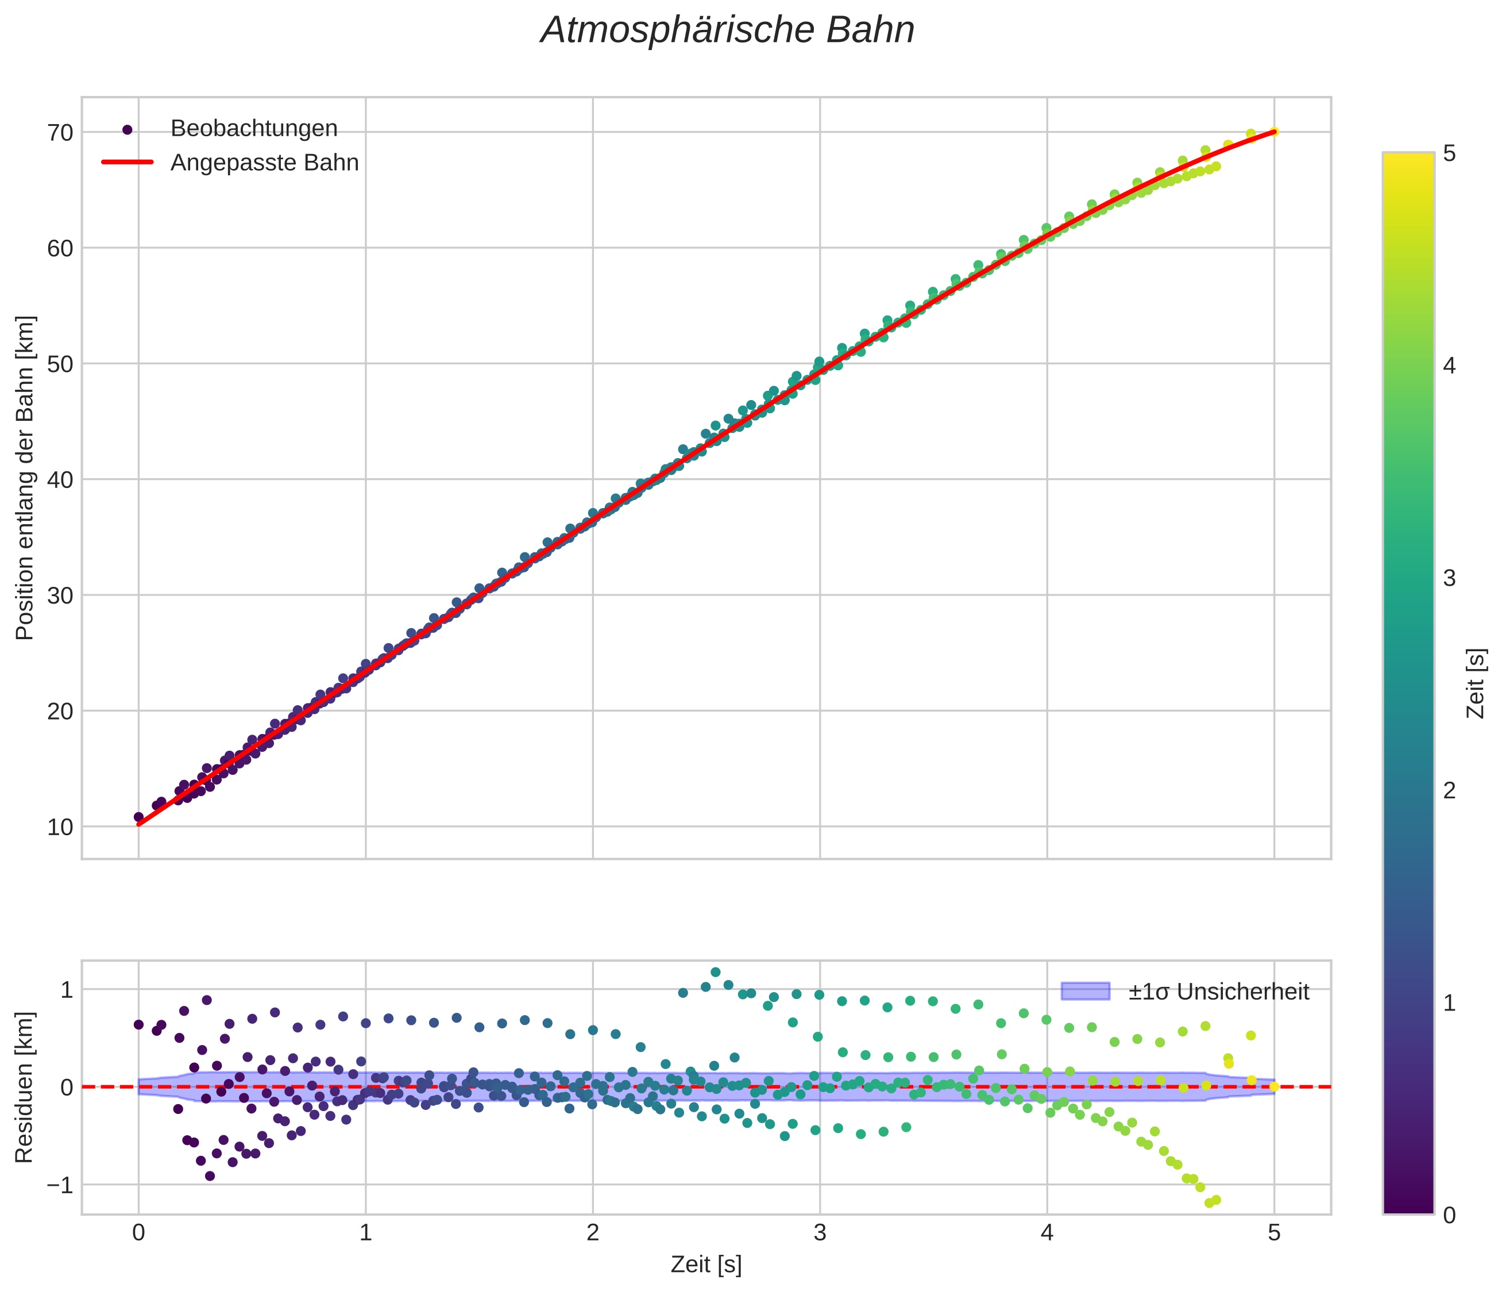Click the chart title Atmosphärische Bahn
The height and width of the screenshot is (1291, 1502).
point(727,30)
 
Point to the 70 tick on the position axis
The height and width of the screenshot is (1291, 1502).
point(61,133)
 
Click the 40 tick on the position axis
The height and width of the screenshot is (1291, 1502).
point(61,479)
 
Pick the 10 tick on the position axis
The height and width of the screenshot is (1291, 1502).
point(61,827)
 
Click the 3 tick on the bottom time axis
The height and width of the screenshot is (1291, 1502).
point(820,1233)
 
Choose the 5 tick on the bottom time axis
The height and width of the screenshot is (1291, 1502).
point(1275,1233)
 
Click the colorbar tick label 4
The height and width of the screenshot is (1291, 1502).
point(1449,366)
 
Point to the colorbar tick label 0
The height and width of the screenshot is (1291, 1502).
point(1449,1216)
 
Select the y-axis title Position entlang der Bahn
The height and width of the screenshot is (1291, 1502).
point(25,478)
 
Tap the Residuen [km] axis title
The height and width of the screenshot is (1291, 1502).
point(25,1086)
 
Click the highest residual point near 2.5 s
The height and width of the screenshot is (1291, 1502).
point(716,972)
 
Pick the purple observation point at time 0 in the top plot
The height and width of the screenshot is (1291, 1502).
point(138,817)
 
